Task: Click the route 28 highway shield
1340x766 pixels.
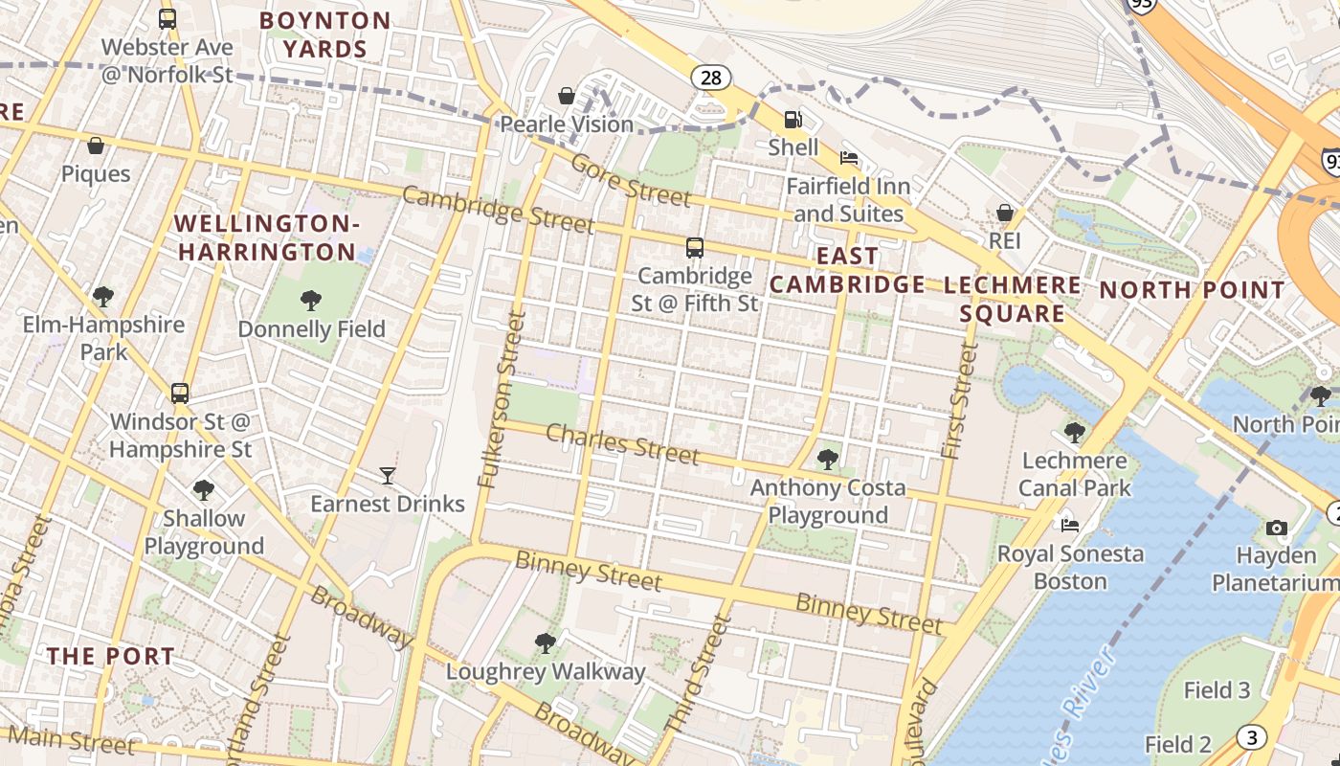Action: pos(710,78)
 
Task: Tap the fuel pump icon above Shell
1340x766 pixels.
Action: pos(793,120)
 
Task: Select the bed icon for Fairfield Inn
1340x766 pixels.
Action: pos(848,157)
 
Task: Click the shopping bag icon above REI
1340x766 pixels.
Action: pos(1005,212)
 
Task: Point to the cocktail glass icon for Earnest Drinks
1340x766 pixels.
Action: pos(387,475)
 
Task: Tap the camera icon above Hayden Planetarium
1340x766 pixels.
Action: pos(1276,528)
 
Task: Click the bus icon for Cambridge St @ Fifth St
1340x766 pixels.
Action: pos(695,248)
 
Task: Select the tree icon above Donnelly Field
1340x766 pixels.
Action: pos(311,301)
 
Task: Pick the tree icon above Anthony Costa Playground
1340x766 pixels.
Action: pos(828,460)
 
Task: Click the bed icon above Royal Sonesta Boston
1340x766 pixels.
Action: pos(1070,525)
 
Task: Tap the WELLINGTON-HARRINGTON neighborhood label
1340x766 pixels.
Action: pos(267,237)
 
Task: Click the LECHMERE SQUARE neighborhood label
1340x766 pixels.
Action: pos(1013,299)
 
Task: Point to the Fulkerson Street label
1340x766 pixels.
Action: pos(501,399)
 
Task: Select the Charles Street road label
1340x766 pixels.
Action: pos(622,444)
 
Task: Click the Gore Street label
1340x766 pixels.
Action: pos(631,179)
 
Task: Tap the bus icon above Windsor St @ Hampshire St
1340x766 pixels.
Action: pos(179,393)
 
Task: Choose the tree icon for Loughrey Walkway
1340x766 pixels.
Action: pos(546,642)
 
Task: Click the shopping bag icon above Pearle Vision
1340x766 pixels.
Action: pos(567,96)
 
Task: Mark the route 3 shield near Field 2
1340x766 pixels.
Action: pos(1250,736)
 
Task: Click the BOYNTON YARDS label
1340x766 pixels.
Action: pos(325,34)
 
